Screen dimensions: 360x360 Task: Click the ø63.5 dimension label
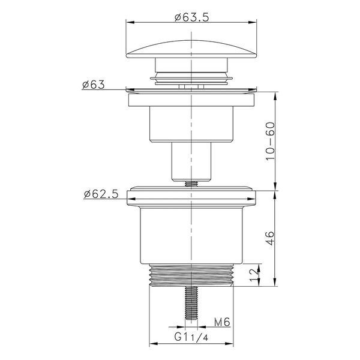[x=192, y=17]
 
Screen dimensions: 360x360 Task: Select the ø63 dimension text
[x=93, y=85]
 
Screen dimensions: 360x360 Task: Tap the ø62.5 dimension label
[x=101, y=194]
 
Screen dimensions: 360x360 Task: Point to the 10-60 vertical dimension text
[x=270, y=141]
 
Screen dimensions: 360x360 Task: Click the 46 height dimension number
[x=270, y=238]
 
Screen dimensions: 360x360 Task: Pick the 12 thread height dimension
[x=254, y=275]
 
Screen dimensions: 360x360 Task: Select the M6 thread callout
[x=222, y=322]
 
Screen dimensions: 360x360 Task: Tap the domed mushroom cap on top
[x=191, y=49]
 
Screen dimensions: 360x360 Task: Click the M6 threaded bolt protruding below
[x=191, y=303]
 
